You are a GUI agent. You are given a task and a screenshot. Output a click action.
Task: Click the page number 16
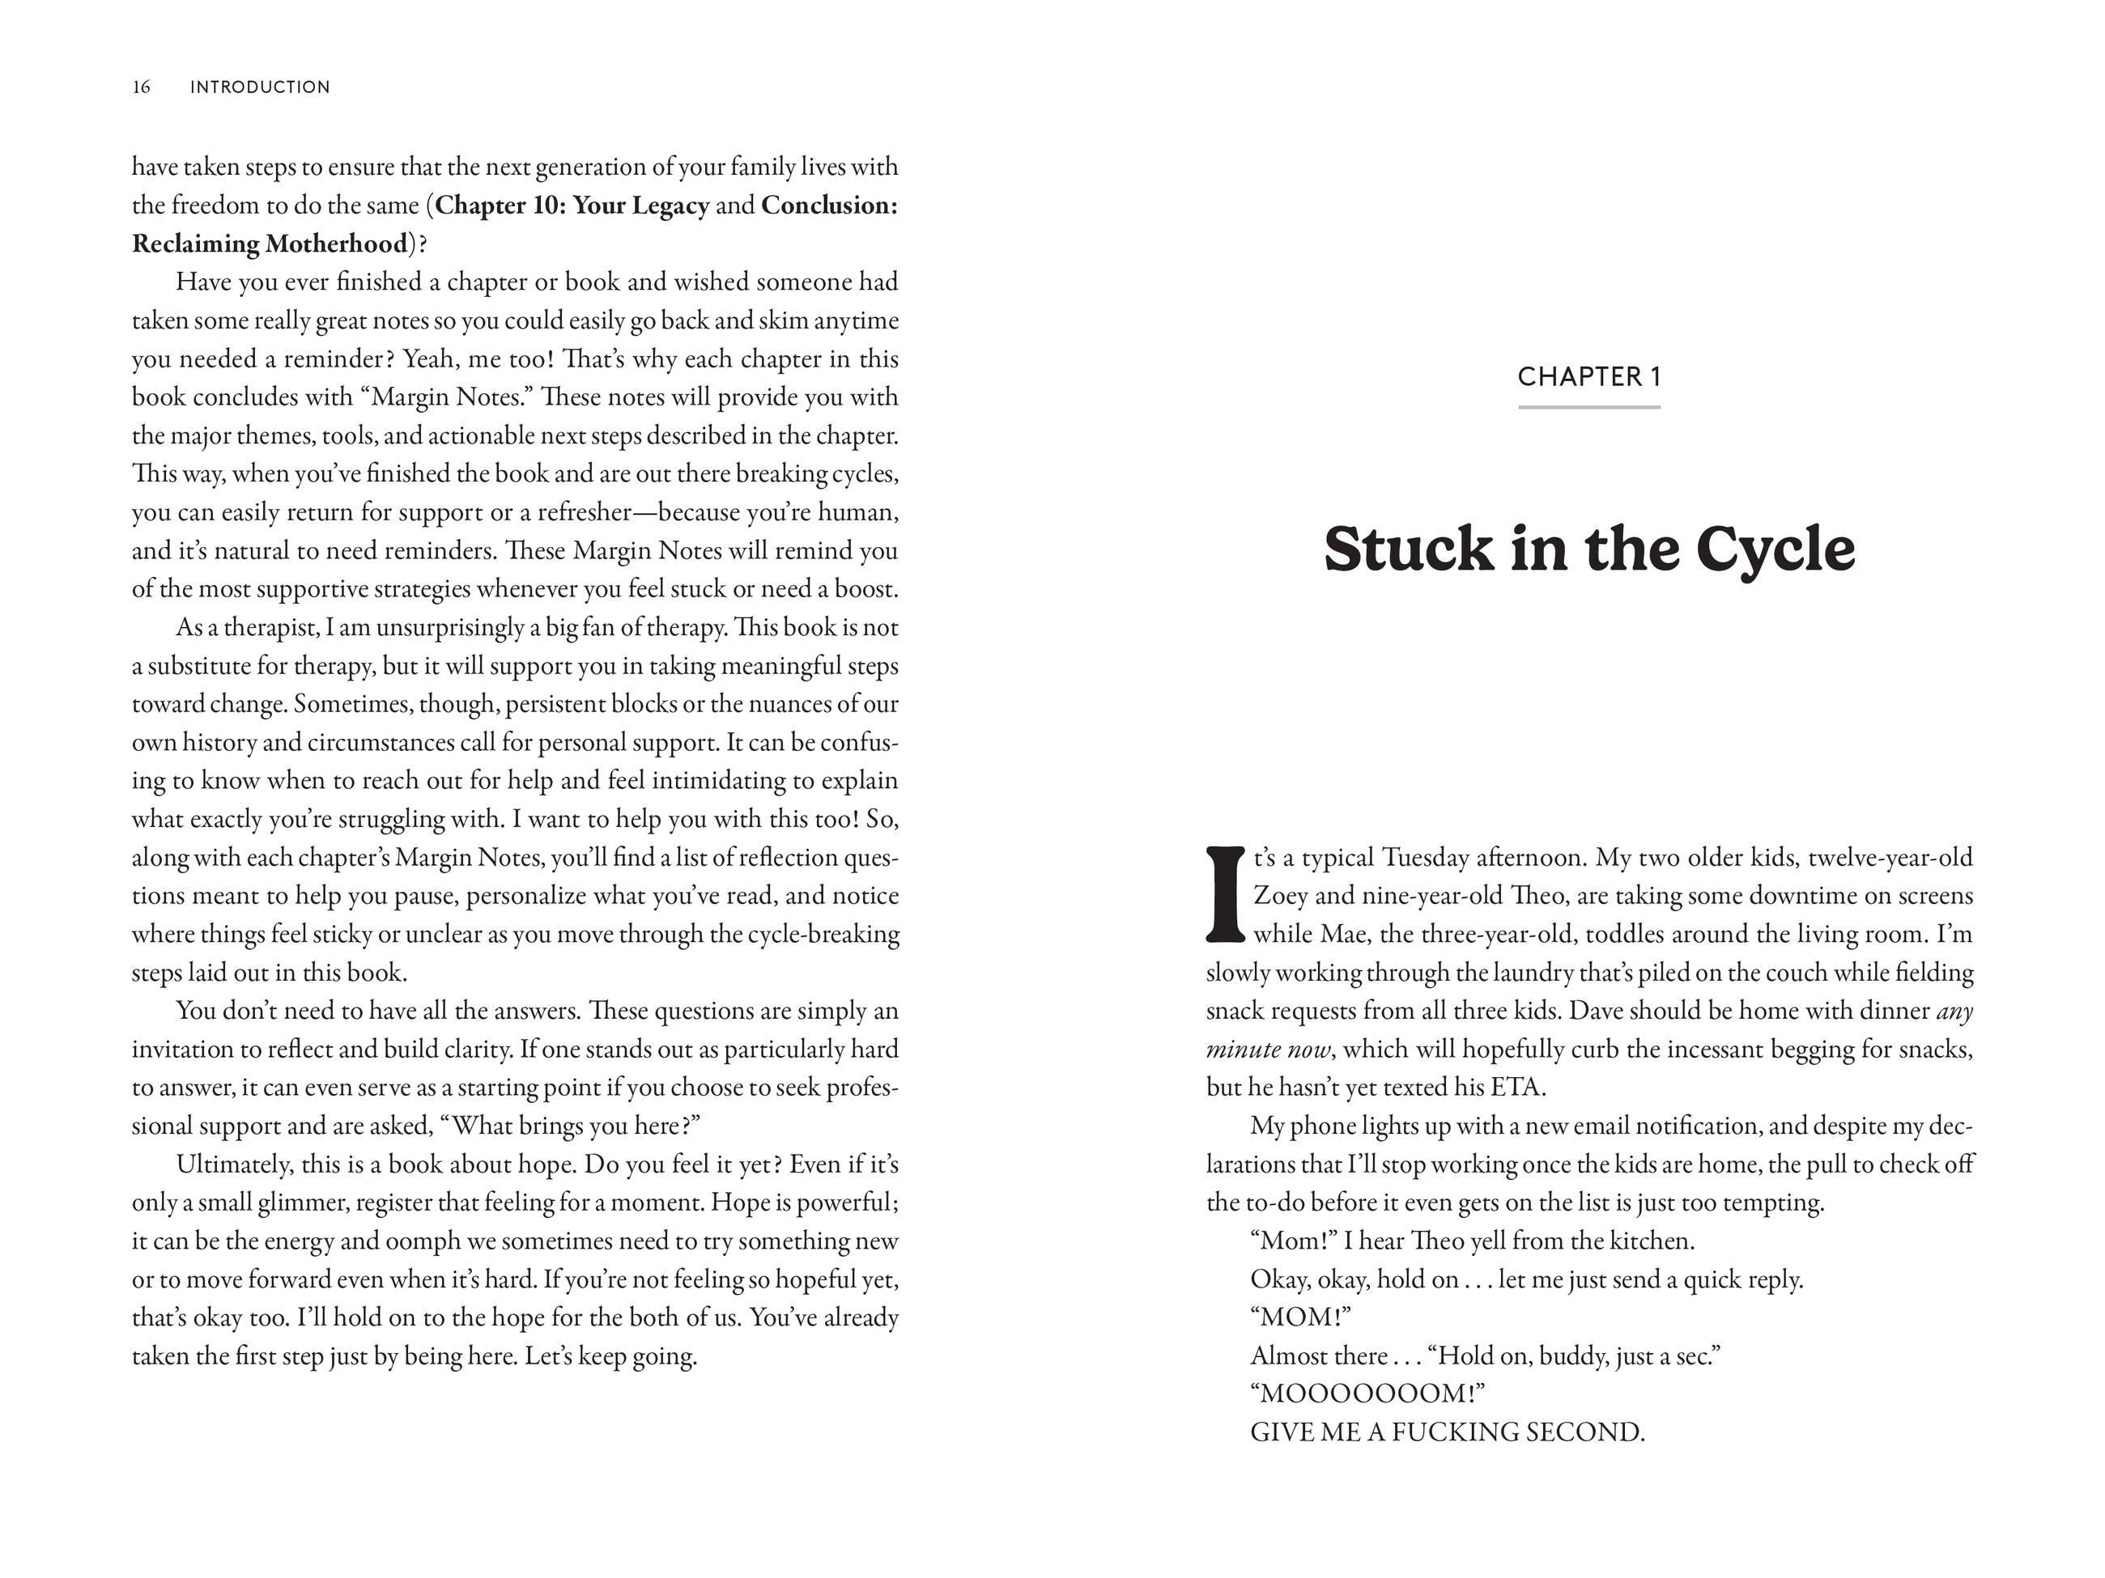point(141,87)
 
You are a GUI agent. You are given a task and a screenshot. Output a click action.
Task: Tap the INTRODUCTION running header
point(260,87)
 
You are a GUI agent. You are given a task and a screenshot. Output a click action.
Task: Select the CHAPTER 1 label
point(1589,376)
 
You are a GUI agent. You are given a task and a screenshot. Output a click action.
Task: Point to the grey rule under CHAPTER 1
point(1589,407)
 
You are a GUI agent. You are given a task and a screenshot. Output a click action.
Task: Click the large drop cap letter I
point(1225,894)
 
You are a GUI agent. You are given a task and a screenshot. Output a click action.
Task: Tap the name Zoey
point(1280,896)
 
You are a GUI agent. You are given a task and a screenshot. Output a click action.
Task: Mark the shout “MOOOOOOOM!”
point(1367,1394)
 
